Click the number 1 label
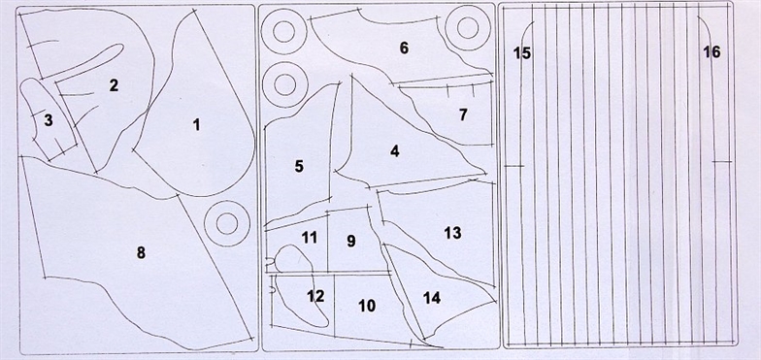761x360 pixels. pyautogui.click(x=196, y=125)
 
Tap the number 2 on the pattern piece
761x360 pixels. pyautogui.click(x=114, y=85)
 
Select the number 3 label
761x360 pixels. pyautogui.click(x=49, y=120)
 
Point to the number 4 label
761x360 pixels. pyautogui.click(x=394, y=151)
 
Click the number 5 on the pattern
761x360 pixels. pyautogui.click(x=299, y=167)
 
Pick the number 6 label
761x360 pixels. pyautogui.click(x=404, y=49)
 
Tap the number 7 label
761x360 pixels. pyautogui.click(x=463, y=115)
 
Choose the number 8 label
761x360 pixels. pyautogui.click(x=141, y=252)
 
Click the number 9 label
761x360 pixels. pyautogui.click(x=351, y=241)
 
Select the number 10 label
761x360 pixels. pyautogui.click(x=367, y=307)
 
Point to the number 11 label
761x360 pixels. pyautogui.click(x=310, y=238)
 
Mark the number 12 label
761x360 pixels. pyautogui.click(x=315, y=296)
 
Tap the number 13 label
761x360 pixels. pyautogui.click(x=452, y=233)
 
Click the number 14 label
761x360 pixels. pyautogui.click(x=431, y=298)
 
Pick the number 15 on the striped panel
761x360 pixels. pyautogui.click(x=522, y=53)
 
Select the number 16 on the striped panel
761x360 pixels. pyautogui.click(x=712, y=52)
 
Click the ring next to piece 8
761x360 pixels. pyautogui.click(x=204, y=223)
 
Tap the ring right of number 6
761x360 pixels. pyautogui.click(x=445, y=27)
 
